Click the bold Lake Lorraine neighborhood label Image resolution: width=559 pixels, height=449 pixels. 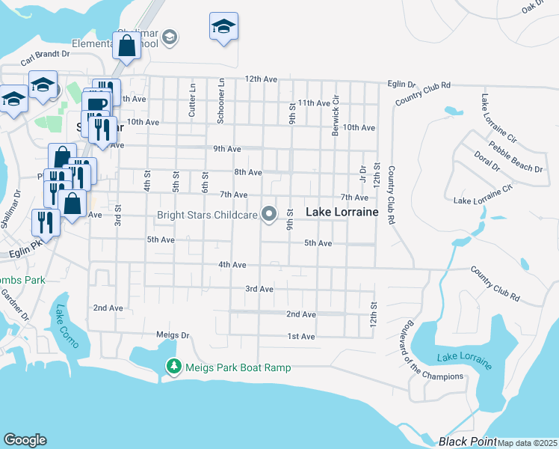tap(342, 213)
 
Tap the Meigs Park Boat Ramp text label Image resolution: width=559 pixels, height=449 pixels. tap(238, 367)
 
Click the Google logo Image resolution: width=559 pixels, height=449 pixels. tap(25, 440)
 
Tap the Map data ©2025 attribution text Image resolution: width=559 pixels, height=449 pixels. tap(527, 443)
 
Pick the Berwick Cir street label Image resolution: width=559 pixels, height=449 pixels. tap(336, 114)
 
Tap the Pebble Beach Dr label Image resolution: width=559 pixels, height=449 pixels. tap(516, 157)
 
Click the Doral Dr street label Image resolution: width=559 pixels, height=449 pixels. tap(486, 166)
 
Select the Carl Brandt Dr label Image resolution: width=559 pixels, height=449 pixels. tap(45, 54)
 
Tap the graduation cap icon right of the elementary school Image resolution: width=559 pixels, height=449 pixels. tap(223, 26)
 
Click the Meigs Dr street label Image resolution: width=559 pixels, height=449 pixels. tap(169, 335)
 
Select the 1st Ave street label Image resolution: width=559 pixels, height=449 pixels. tap(301, 337)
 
